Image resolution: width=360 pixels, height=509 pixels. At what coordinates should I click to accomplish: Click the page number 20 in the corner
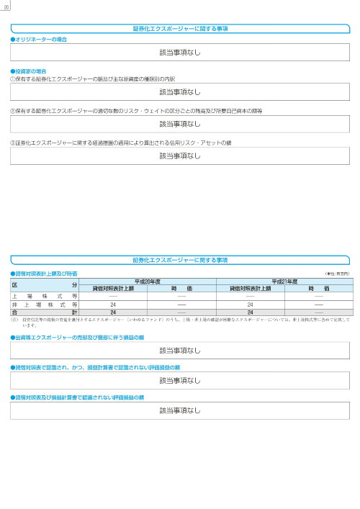point(5,6)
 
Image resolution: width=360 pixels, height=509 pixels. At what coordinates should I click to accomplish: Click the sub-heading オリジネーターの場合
point(41,39)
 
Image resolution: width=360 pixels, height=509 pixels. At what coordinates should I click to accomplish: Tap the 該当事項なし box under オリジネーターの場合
point(180,53)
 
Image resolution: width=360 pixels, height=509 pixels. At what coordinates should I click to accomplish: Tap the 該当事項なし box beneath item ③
point(180,156)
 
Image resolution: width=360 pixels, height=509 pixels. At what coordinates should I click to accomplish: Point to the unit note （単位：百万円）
point(337,274)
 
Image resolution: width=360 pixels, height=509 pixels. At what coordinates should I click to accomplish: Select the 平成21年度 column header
point(284,281)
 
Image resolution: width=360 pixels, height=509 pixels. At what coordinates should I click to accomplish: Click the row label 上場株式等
point(44,296)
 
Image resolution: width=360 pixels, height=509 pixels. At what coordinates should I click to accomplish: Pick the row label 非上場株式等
point(44,304)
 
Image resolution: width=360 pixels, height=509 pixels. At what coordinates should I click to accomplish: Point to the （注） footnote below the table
point(180,320)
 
